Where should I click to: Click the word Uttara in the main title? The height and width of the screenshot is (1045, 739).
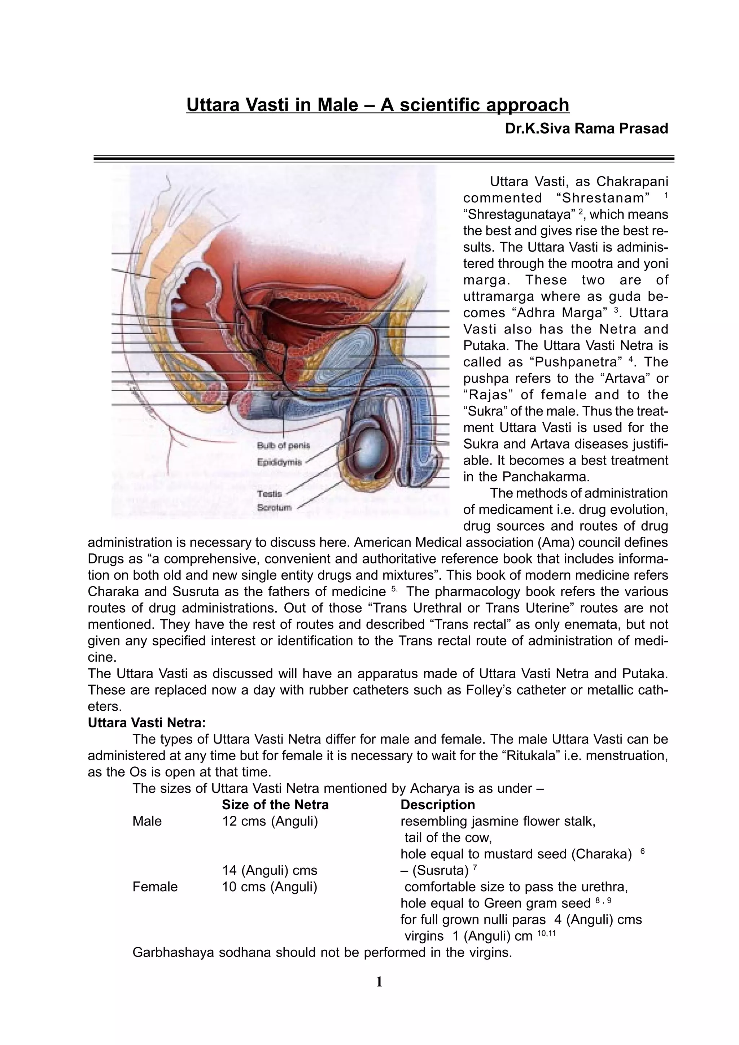coord(213,105)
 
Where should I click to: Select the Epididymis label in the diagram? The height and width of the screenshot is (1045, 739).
coord(279,462)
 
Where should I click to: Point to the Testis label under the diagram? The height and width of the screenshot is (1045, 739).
coord(270,493)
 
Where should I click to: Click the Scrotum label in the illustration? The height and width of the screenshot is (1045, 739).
coord(274,507)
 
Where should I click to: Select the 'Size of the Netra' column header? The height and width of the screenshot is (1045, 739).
coord(275,805)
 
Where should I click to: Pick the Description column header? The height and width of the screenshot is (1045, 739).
coord(437,805)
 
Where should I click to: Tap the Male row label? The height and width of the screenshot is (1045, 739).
coord(147,821)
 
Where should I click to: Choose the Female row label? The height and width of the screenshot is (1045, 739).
coord(155,887)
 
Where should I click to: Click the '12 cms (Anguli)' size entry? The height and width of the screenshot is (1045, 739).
coord(270,821)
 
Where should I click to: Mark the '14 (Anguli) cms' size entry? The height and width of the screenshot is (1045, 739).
coord(270,870)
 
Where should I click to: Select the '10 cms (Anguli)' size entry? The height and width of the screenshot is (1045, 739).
coord(270,887)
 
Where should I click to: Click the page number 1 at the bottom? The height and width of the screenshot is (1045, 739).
coord(379,982)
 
